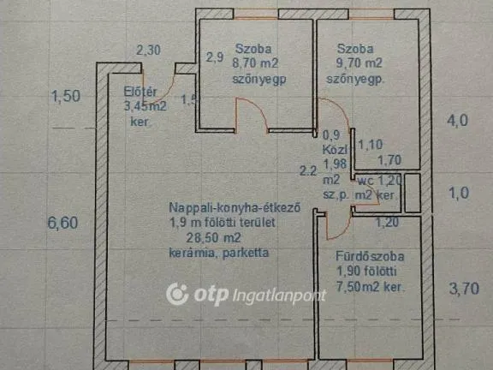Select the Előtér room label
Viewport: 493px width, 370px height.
(138, 92)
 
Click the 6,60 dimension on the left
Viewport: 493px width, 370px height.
(65, 224)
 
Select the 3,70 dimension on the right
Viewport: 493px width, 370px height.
(466, 289)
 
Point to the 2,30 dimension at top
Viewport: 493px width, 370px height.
(148, 50)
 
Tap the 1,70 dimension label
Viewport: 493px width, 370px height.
(389, 158)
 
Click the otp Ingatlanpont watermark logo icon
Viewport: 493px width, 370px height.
(177, 295)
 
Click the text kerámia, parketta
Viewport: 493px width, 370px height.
(219, 254)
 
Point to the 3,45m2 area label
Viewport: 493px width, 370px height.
(145, 107)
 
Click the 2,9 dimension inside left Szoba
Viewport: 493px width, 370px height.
(215, 58)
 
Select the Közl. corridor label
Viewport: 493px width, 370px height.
(331, 148)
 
